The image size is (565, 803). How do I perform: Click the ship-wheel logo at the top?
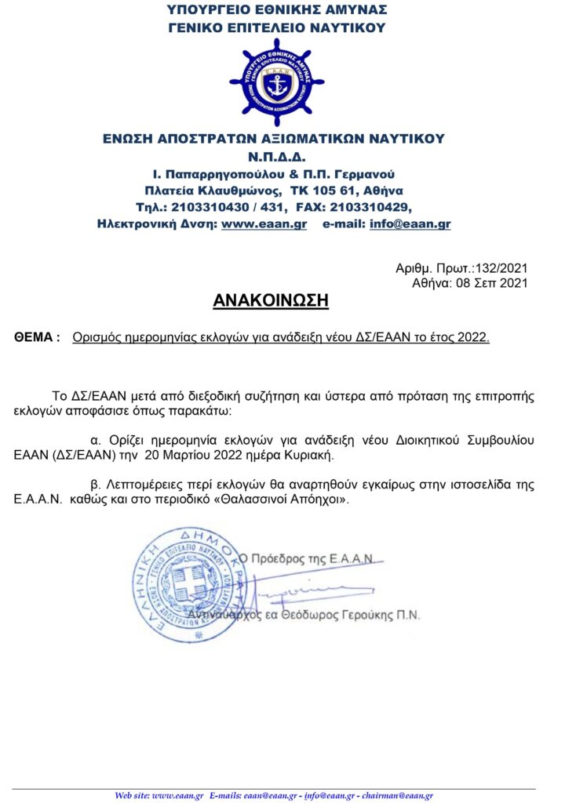pos(276,82)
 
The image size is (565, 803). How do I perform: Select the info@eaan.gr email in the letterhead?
pos(420,224)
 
